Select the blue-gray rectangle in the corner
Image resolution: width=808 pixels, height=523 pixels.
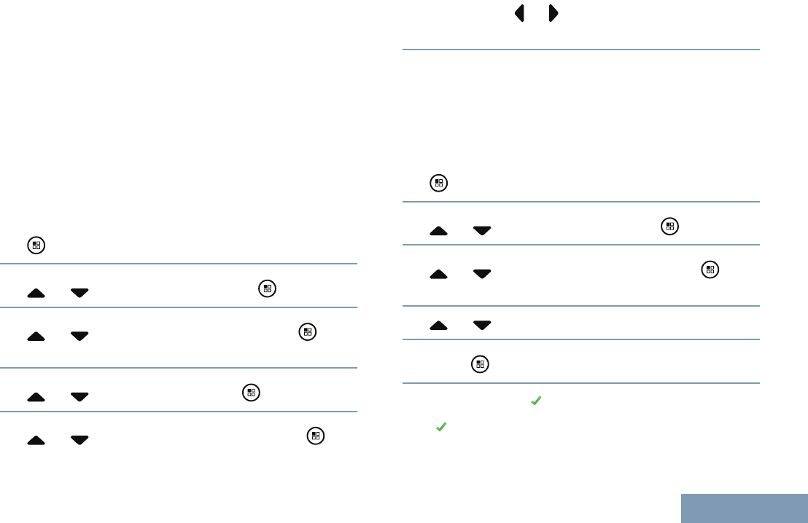pyautogui.click(x=745, y=508)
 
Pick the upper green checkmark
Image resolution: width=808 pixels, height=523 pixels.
pyautogui.click(x=535, y=401)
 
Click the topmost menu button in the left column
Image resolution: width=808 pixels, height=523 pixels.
pyautogui.click(x=36, y=245)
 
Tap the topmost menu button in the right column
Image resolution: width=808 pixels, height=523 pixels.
pyautogui.click(x=438, y=184)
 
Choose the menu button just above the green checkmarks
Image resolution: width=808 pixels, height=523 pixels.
pyautogui.click(x=479, y=365)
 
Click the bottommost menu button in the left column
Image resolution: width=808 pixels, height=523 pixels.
pyautogui.click(x=315, y=436)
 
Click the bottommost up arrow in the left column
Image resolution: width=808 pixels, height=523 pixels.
pyautogui.click(x=36, y=440)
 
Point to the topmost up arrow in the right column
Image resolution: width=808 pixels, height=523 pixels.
pyautogui.click(x=438, y=231)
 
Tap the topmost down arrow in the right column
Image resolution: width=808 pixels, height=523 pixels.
pyautogui.click(x=481, y=231)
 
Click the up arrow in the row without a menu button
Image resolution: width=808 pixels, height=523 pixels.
pyautogui.click(x=438, y=326)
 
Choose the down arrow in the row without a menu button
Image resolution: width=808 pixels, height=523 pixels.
pyautogui.click(x=481, y=326)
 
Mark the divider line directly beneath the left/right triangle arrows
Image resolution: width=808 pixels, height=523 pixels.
pyautogui.click(x=581, y=50)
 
